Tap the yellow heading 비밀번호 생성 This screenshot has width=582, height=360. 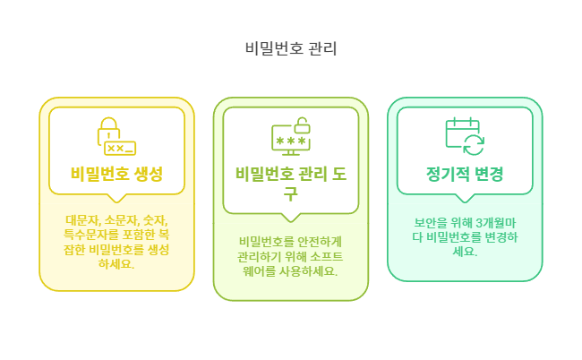[x=116, y=173]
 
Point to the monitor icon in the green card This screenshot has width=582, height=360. [x=290, y=140]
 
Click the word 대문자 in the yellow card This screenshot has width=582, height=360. [x=79, y=220]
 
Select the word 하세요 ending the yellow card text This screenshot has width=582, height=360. [x=116, y=263]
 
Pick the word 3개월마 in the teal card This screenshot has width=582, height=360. [x=491, y=222]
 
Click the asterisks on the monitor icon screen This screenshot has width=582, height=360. [x=288, y=141]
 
